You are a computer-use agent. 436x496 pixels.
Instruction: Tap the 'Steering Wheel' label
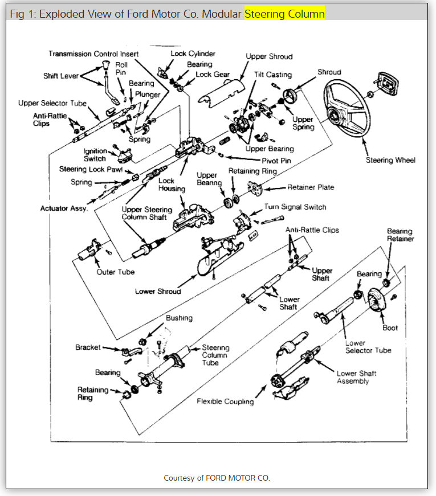click(x=391, y=160)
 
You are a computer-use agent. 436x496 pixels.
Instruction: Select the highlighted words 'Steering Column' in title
click(x=284, y=14)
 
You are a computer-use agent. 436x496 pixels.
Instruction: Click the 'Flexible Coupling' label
click(x=225, y=401)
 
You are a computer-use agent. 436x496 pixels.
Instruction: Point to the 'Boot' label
click(x=390, y=328)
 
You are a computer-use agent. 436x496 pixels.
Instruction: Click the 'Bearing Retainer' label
click(x=401, y=235)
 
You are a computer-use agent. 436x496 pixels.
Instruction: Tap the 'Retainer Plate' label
click(x=311, y=187)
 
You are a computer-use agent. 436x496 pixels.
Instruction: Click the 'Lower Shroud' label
click(x=158, y=292)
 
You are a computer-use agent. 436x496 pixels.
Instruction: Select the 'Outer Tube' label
click(x=116, y=272)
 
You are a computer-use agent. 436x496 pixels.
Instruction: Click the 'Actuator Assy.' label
click(x=64, y=208)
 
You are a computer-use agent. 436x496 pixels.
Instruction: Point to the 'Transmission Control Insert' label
click(x=93, y=54)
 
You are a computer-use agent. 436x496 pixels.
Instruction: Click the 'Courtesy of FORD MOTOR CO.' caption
click(x=217, y=477)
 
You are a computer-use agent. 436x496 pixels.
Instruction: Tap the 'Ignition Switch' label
click(x=95, y=154)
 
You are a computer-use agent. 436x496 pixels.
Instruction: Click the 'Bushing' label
click(x=179, y=318)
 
